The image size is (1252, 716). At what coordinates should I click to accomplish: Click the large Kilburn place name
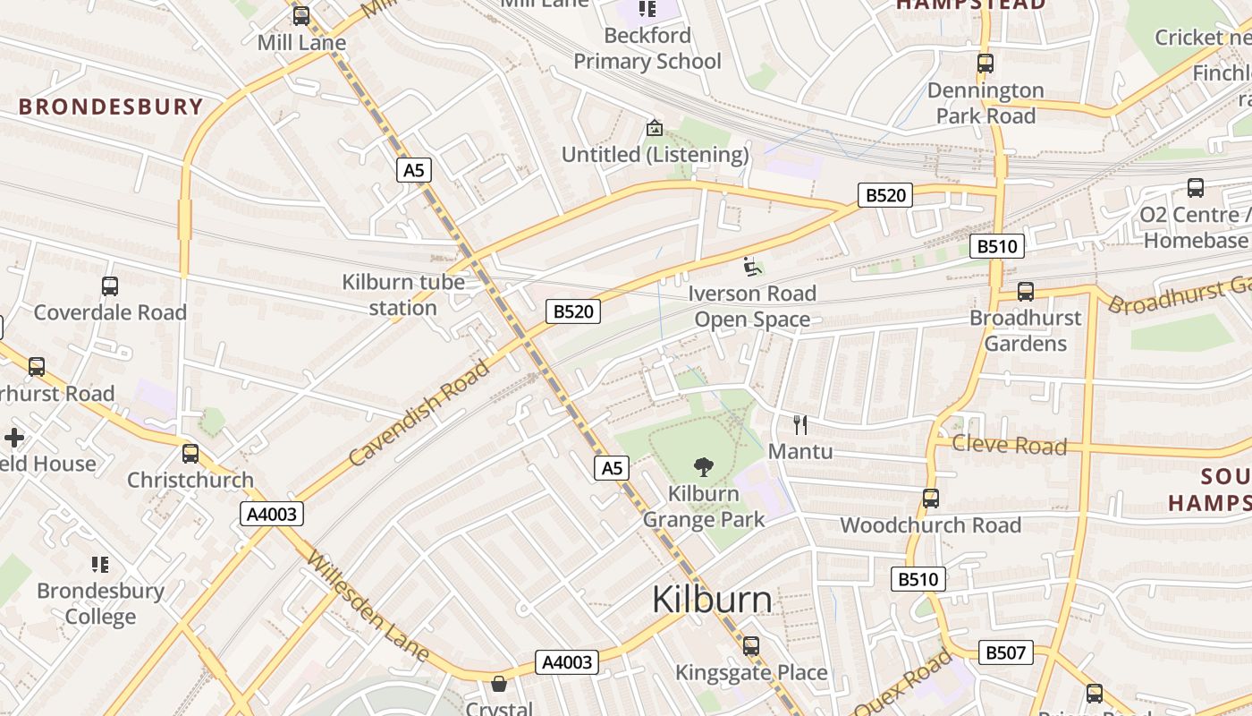712,599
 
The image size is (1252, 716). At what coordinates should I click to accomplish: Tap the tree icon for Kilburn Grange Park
704,466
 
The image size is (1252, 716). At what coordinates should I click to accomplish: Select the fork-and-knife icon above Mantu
800,424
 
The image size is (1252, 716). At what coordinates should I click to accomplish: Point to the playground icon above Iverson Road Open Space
752,267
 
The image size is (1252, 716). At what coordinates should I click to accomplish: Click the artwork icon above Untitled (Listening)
655,128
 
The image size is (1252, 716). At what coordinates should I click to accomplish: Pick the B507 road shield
1005,652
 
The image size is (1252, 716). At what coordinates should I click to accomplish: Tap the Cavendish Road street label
420,413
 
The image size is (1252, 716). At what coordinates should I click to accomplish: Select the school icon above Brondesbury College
100,564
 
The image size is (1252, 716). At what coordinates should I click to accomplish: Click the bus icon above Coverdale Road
110,286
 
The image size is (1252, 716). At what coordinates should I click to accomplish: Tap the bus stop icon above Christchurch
190,454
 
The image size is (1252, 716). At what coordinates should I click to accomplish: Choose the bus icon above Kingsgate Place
751,646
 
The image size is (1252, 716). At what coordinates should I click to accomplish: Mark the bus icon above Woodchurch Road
931,499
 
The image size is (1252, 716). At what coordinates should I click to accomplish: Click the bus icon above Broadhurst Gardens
1026,292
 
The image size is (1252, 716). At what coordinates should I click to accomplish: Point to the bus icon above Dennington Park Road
986,64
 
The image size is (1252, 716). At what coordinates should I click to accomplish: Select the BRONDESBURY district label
112,107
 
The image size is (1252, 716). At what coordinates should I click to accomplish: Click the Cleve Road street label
1010,445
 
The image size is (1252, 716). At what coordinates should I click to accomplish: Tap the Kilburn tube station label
403,294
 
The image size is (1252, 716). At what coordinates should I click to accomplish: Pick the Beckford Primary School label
647,48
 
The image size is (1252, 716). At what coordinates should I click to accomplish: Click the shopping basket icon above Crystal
499,684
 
